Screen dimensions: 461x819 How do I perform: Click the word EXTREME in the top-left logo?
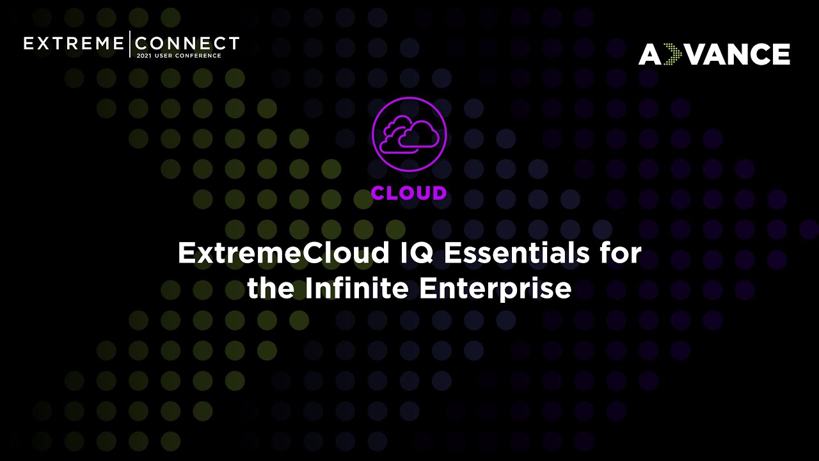pyautogui.click(x=74, y=44)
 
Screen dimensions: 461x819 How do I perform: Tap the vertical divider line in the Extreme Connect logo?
pyautogui.click(x=130, y=44)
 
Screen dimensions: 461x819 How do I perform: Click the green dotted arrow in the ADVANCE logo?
pyautogui.click(x=672, y=54)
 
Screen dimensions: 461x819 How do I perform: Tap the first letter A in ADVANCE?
pyautogui.click(x=649, y=54)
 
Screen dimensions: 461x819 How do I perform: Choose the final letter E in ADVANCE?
pyautogui.click(x=780, y=54)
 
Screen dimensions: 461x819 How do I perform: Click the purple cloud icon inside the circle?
pyautogui.click(x=409, y=134)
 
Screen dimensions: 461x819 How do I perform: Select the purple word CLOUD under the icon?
pyautogui.click(x=409, y=193)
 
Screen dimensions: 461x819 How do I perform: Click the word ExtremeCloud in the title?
pyautogui.click(x=283, y=254)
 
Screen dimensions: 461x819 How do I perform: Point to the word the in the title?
pyautogui.click(x=271, y=288)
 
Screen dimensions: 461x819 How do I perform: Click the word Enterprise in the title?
pyautogui.click(x=495, y=288)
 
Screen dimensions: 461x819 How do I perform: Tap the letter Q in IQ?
pyautogui.click(x=424, y=254)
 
